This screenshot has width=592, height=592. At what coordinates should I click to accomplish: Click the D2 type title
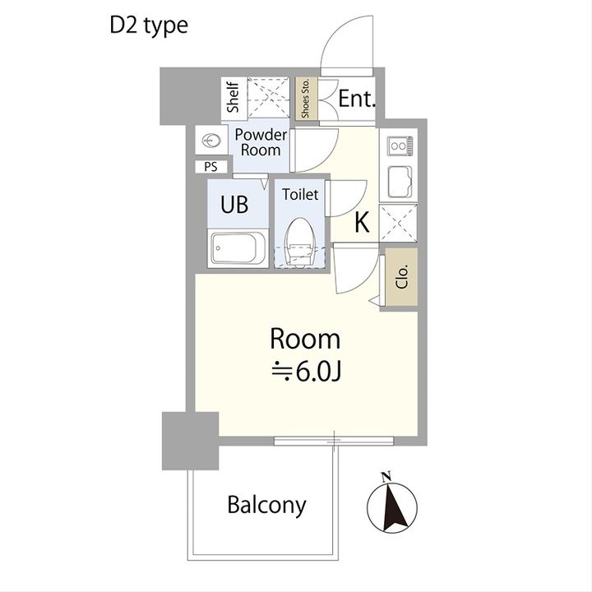click(149, 25)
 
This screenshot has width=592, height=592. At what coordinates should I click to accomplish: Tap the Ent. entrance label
click(357, 99)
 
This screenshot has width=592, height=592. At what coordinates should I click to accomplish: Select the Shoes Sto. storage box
click(305, 98)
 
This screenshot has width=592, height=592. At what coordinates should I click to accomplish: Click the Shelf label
click(233, 97)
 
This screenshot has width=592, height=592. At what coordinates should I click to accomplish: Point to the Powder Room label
click(261, 142)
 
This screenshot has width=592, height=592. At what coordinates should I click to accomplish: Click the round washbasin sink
click(209, 141)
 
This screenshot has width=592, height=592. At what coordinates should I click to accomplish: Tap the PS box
click(211, 166)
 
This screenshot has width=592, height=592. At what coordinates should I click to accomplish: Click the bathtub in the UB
click(238, 247)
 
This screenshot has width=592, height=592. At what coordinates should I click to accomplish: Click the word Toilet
click(300, 194)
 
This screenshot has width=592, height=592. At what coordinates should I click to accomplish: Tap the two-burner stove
click(400, 146)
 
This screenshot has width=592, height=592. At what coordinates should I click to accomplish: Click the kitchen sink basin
click(400, 182)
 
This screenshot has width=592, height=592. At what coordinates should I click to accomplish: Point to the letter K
click(362, 222)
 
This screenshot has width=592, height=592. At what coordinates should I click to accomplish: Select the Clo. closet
click(401, 277)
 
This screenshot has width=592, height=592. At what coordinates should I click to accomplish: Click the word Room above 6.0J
click(305, 339)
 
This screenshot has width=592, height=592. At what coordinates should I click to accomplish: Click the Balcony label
click(266, 505)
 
